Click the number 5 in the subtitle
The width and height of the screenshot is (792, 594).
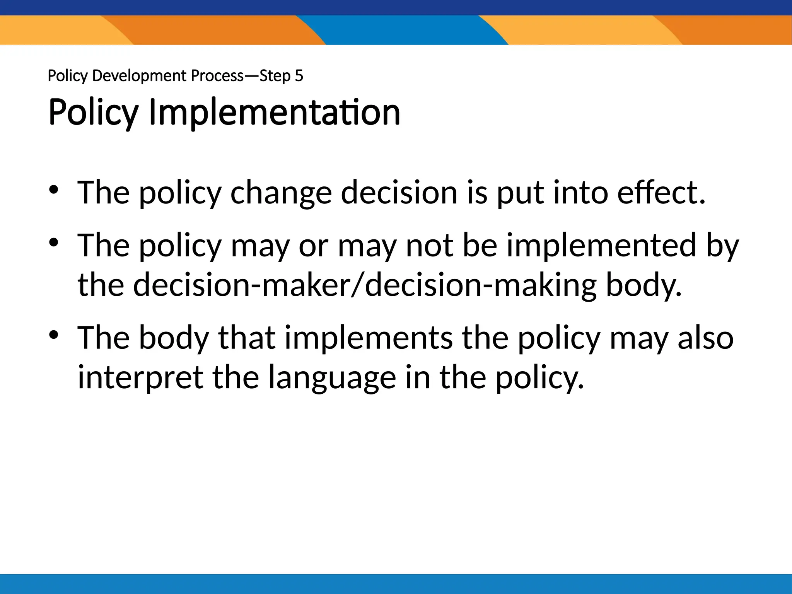(x=299, y=76)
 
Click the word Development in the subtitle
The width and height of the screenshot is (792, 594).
(x=140, y=76)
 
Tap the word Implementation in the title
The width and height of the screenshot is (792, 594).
(x=274, y=113)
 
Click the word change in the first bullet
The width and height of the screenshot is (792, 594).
(x=281, y=193)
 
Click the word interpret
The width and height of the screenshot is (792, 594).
(x=140, y=378)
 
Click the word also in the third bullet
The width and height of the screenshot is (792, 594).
(x=705, y=338)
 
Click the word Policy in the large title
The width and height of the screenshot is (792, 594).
(x=93, y=113)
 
